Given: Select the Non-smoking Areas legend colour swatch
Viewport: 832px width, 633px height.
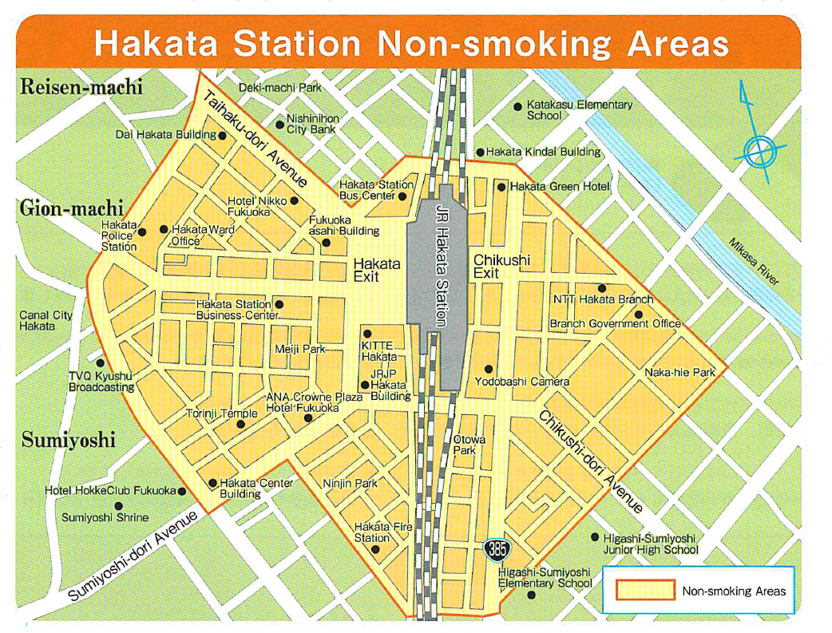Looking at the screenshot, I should (x=645, y=591).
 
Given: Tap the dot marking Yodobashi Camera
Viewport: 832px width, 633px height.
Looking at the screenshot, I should (x=489, y=369).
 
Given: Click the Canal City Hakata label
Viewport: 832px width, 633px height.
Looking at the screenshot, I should (x=46, y=320).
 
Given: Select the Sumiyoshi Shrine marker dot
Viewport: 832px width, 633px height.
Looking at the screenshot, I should (x=119, y=505).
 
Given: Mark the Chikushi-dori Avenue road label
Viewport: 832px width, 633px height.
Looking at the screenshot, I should (x=590, y=461).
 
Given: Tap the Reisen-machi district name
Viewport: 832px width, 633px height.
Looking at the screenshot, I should (x=81, y=87).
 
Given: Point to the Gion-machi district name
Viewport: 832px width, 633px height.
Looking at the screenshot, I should (x=71, y=208).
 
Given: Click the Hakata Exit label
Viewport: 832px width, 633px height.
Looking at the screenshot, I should (x=377, y=269).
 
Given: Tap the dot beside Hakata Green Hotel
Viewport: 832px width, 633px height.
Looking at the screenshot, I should (x=501, y=187).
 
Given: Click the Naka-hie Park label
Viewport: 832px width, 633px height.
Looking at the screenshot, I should (x=680, y=373).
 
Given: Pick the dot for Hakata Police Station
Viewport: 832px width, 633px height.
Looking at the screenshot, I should (x=142, y=232).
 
